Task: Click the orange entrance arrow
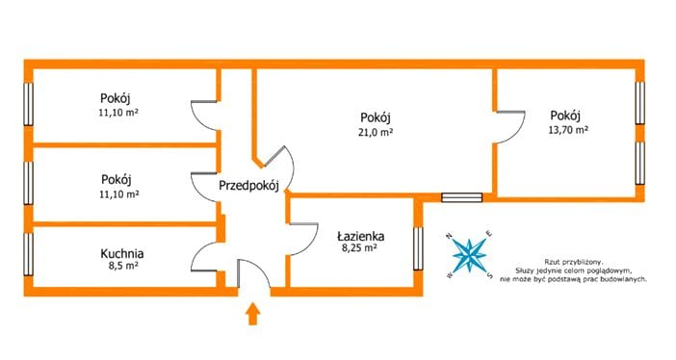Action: [253, 314]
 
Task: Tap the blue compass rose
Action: [469, 255]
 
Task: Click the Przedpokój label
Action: [248, 186]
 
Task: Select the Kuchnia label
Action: [122, 253]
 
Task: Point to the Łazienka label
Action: [361, 236]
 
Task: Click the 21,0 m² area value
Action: [376, 133]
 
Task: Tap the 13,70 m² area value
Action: [568, 130]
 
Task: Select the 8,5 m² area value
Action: [123, 266]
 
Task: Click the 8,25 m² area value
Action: [359, 248]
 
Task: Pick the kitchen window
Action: [29, 254]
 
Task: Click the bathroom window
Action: [418, 248]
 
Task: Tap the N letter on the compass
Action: [449, 236]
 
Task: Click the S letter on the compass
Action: [490, 275]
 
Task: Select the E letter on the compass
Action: [489, 234]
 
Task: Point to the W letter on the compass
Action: [450, 275]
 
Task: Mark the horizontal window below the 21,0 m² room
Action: [461, 197]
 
